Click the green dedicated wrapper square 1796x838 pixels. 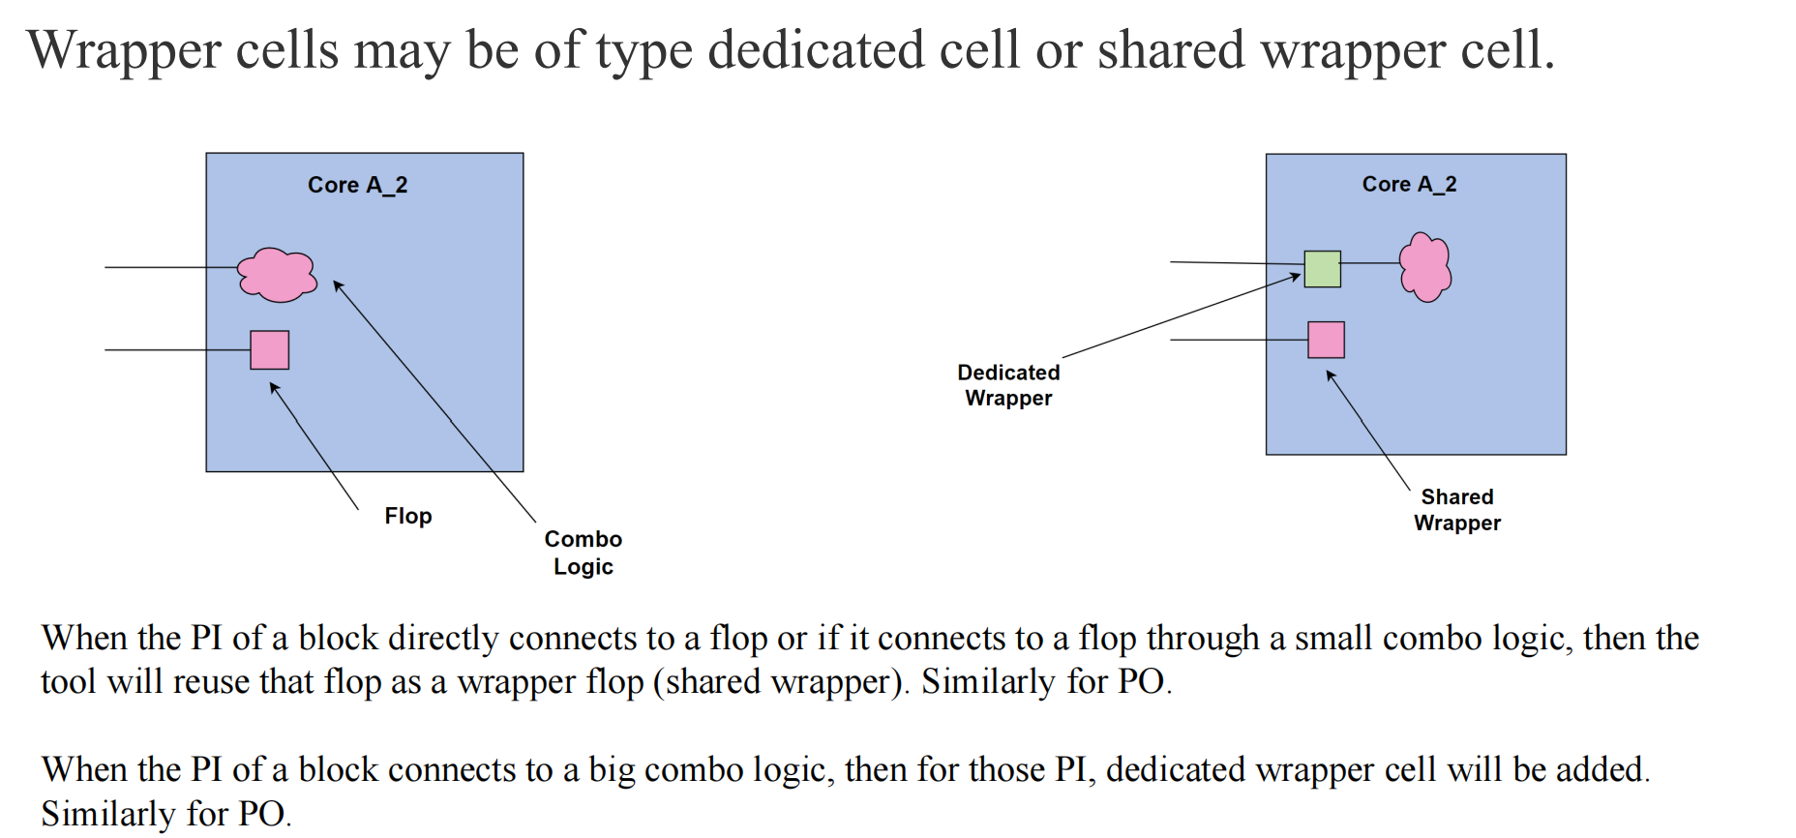point(1322,269)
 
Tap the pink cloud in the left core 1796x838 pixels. point(278,275)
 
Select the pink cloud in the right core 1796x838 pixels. point(1425,267)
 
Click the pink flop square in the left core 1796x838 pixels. point(269,349)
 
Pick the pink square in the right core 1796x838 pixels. point(1326,340)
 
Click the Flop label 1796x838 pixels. point(407,516)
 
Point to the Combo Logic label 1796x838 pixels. point(583,553)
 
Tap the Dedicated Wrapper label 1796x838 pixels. point(1008,385)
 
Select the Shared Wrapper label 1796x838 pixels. point(1457,510)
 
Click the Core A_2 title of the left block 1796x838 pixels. point(357,185)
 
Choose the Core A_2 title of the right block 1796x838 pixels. point(1409,184)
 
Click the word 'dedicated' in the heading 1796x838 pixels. point(816,50)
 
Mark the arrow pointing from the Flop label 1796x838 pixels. point(314,444)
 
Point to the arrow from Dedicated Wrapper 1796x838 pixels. point(1181,316)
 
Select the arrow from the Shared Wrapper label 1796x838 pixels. point(1368,431)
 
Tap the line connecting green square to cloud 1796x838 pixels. point(1370,263)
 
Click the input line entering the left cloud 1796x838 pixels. point(170,267)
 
